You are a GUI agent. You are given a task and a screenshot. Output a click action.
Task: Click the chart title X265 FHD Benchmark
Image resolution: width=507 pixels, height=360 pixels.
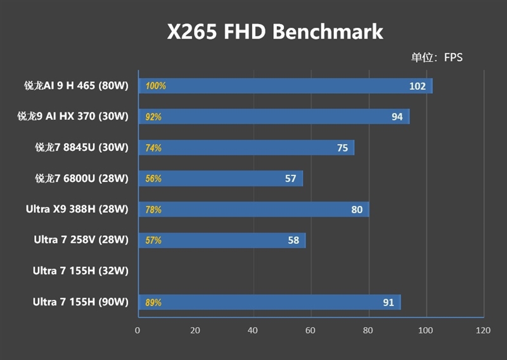(275, 32)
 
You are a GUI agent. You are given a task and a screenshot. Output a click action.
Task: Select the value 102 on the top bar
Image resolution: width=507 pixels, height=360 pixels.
(417, 86)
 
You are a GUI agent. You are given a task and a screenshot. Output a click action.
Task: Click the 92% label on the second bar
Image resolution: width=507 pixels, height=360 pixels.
(153, 117)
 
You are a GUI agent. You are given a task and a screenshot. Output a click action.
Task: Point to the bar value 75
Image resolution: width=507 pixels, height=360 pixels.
(342, 148)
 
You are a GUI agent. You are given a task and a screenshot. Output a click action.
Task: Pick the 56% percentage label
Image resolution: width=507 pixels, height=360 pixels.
(153, 179)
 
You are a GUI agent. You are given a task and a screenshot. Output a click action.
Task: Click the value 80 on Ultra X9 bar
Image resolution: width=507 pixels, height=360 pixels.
(357, 210)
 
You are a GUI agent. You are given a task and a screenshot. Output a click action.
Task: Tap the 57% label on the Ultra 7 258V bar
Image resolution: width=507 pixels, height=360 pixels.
(153, 240)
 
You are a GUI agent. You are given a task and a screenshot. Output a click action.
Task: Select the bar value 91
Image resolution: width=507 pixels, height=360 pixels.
(388, 302)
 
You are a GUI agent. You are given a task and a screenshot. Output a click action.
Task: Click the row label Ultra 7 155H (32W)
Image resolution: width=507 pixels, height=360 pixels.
(80, 271)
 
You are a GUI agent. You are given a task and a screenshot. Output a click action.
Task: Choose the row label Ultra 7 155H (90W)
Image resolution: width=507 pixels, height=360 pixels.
(80, 302)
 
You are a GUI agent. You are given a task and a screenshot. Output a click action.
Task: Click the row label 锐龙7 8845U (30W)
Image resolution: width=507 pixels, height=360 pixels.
(81, 148)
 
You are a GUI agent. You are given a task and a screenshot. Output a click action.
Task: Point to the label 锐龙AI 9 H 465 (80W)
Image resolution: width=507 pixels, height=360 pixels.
(72, 86)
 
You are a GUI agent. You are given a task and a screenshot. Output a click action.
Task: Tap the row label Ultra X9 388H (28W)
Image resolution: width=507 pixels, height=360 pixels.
(77, 209)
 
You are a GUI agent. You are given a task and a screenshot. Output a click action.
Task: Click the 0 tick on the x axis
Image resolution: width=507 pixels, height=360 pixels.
(138, 330)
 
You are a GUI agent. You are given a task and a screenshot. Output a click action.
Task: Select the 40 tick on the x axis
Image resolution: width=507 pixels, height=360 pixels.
(253, 330)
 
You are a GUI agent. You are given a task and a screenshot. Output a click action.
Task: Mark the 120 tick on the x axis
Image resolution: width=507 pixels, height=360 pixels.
(483, 330)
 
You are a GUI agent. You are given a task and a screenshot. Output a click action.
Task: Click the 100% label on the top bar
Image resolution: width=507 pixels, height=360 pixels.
(155, 86)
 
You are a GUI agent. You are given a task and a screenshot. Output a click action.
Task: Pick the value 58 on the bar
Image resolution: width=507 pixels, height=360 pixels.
(293, 241)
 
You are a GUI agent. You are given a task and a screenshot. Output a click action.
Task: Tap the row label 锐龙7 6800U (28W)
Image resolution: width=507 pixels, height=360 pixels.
(81, 179)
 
